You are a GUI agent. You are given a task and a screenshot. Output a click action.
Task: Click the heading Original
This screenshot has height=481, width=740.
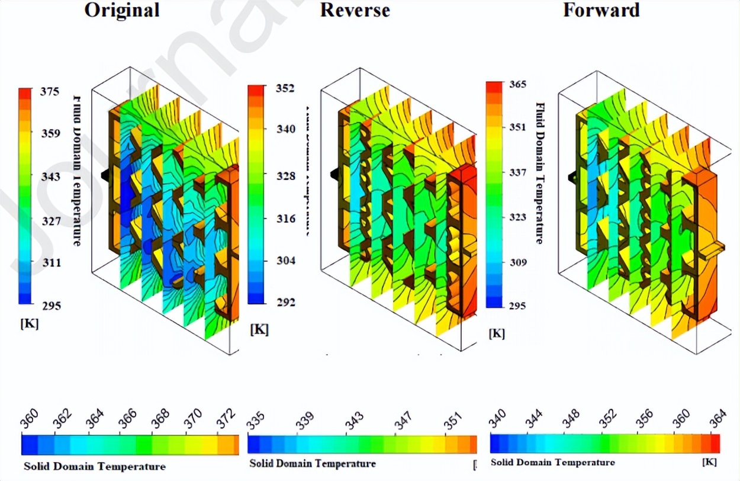click(122, 10)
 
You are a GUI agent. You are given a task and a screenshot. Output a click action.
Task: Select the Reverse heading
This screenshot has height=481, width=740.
click(355, 10)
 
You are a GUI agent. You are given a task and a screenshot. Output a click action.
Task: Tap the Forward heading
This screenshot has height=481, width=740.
click(601, 10)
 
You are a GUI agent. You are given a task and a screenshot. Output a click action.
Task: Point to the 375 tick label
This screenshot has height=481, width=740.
click(50, 92)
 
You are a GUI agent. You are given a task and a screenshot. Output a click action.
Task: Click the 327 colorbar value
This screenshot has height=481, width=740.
click(50, 221)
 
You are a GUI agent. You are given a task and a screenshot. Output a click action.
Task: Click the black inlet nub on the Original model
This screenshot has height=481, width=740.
click(104, 176)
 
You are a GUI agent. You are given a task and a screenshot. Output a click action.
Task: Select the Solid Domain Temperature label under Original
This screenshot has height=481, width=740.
click(95, 466)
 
